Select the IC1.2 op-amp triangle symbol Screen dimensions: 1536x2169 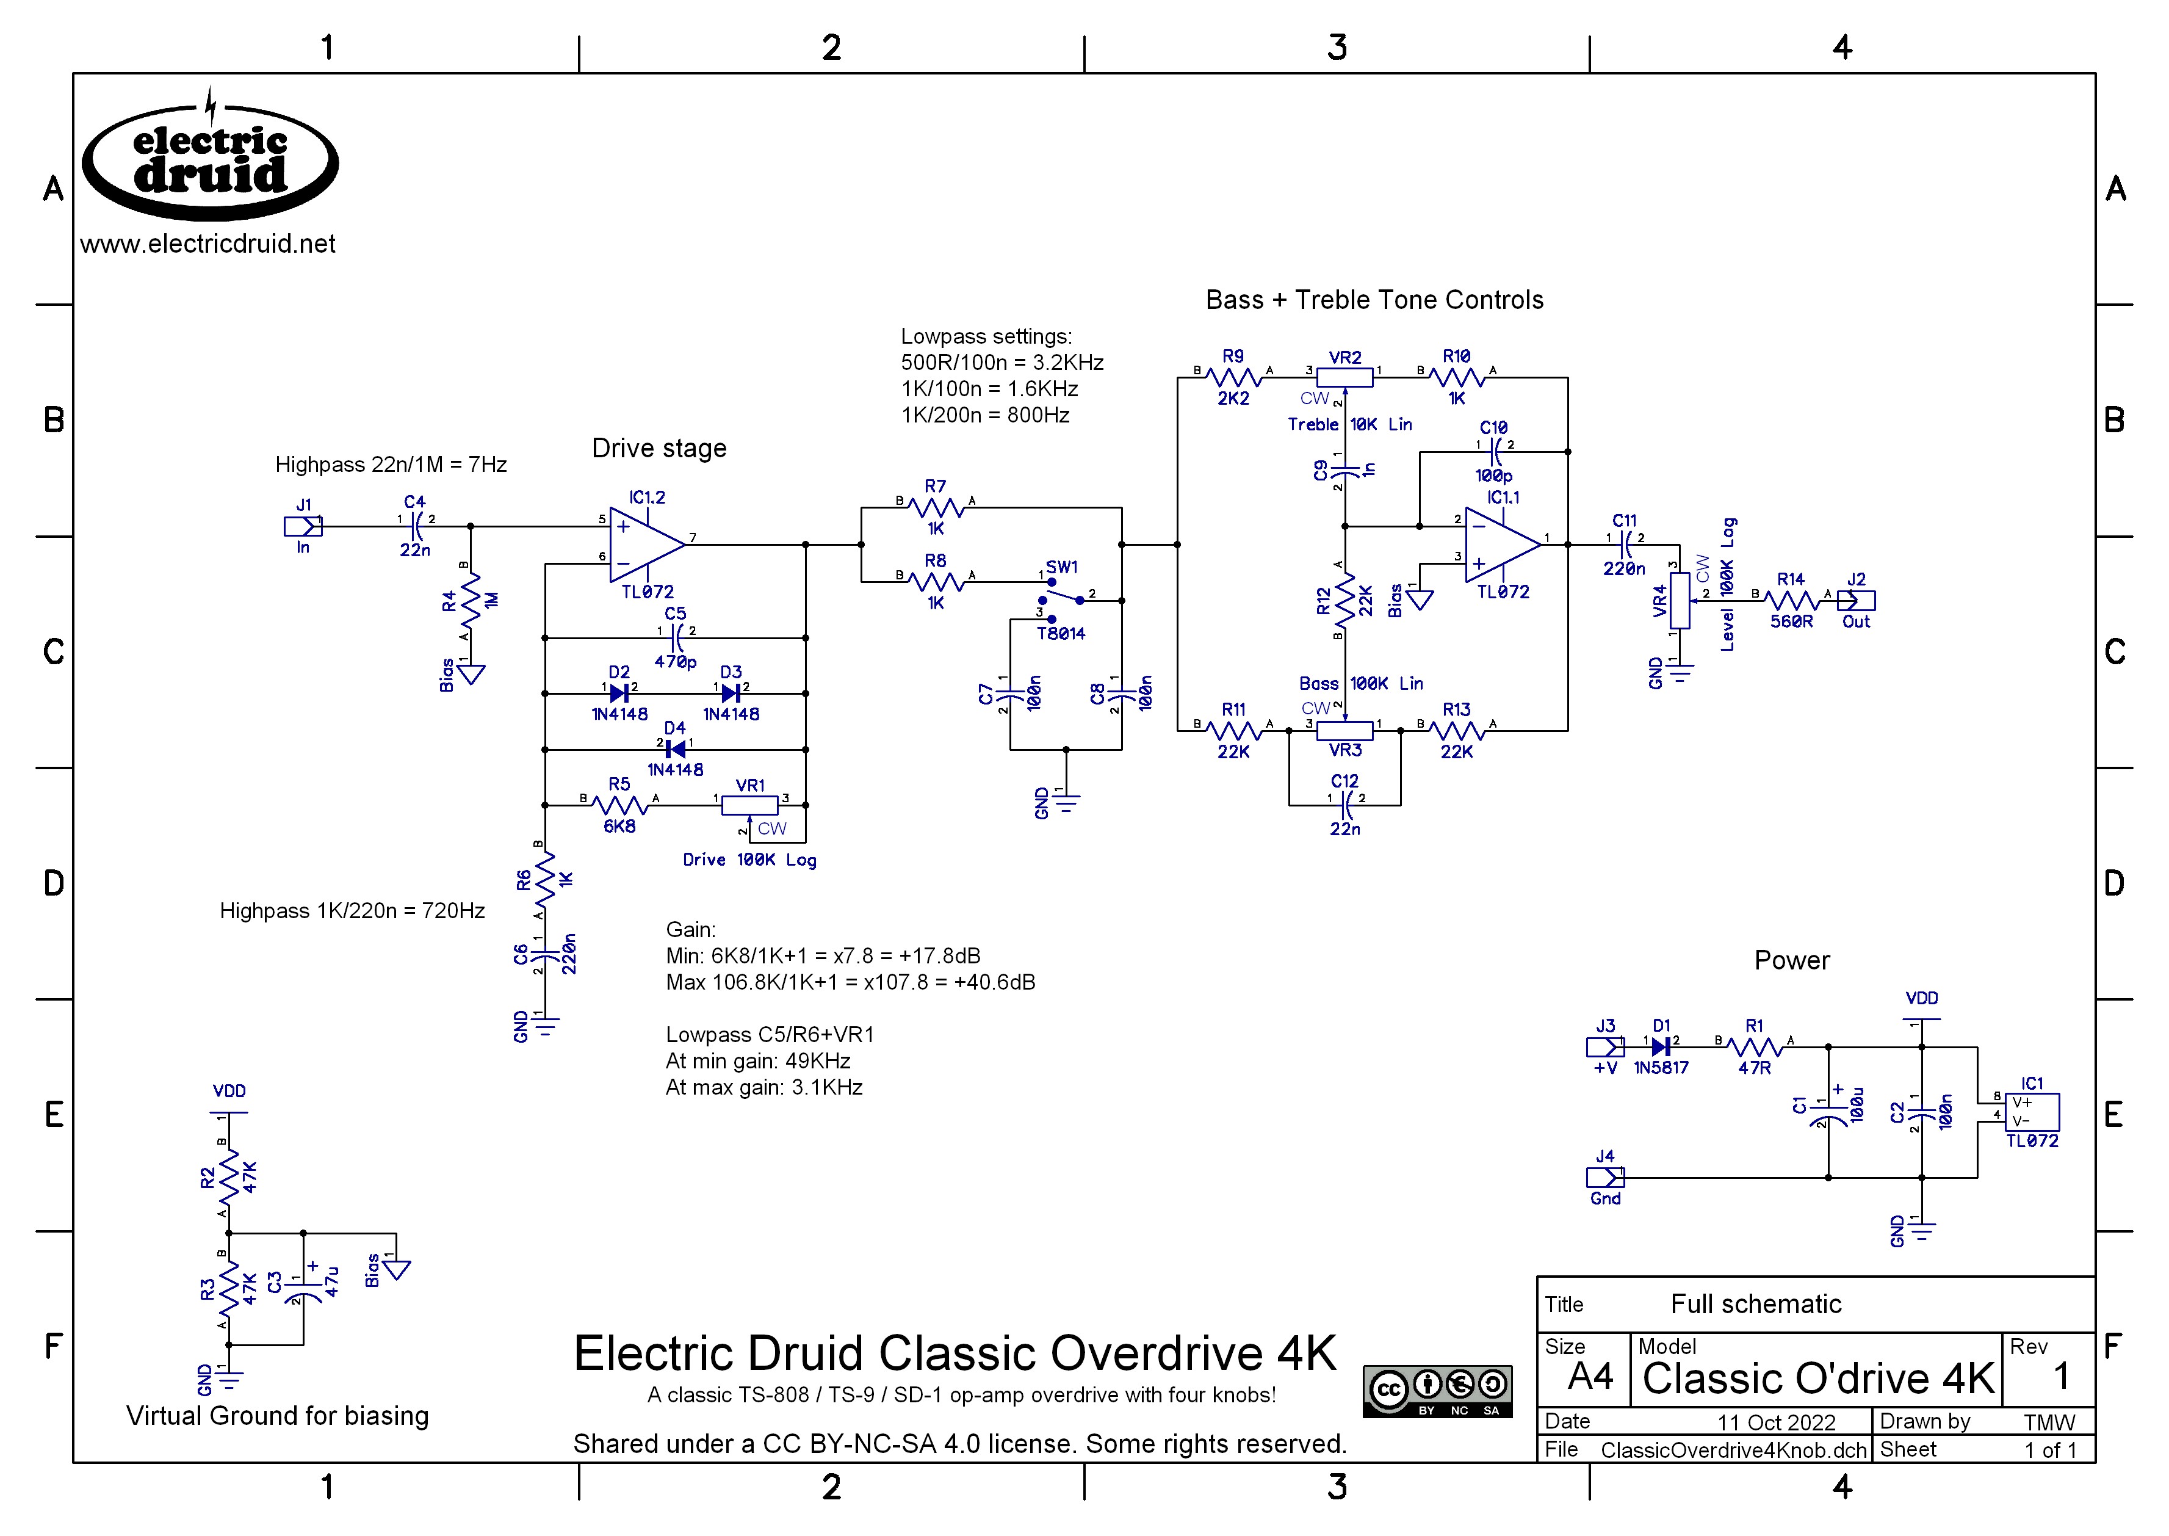pos(645,544)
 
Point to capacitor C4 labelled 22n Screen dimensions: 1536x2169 pos(415,526)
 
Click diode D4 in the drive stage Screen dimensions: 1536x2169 pos(675,749)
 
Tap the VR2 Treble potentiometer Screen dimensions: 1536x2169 pos(1344,377)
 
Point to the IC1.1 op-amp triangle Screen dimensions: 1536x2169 pos(1501,544)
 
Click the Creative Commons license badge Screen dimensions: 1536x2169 pos(1437,1390)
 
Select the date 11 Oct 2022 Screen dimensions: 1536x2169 pos(1776,1422)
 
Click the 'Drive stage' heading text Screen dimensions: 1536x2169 pos(659,448)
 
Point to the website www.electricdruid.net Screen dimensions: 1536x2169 pos(208,244)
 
